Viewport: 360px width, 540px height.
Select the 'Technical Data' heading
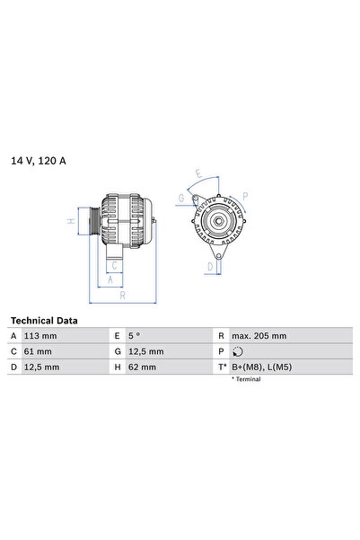(44, 321)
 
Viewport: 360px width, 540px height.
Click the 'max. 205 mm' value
(259, 336)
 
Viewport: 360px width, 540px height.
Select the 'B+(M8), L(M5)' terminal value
(261, 367)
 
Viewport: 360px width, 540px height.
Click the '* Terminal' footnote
(246, 380)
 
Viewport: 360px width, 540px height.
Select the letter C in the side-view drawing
(115, 265)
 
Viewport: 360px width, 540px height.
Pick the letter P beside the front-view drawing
(245, 195)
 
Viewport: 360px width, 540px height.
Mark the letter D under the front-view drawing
(210, 267)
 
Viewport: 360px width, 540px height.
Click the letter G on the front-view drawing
(180, 198)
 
